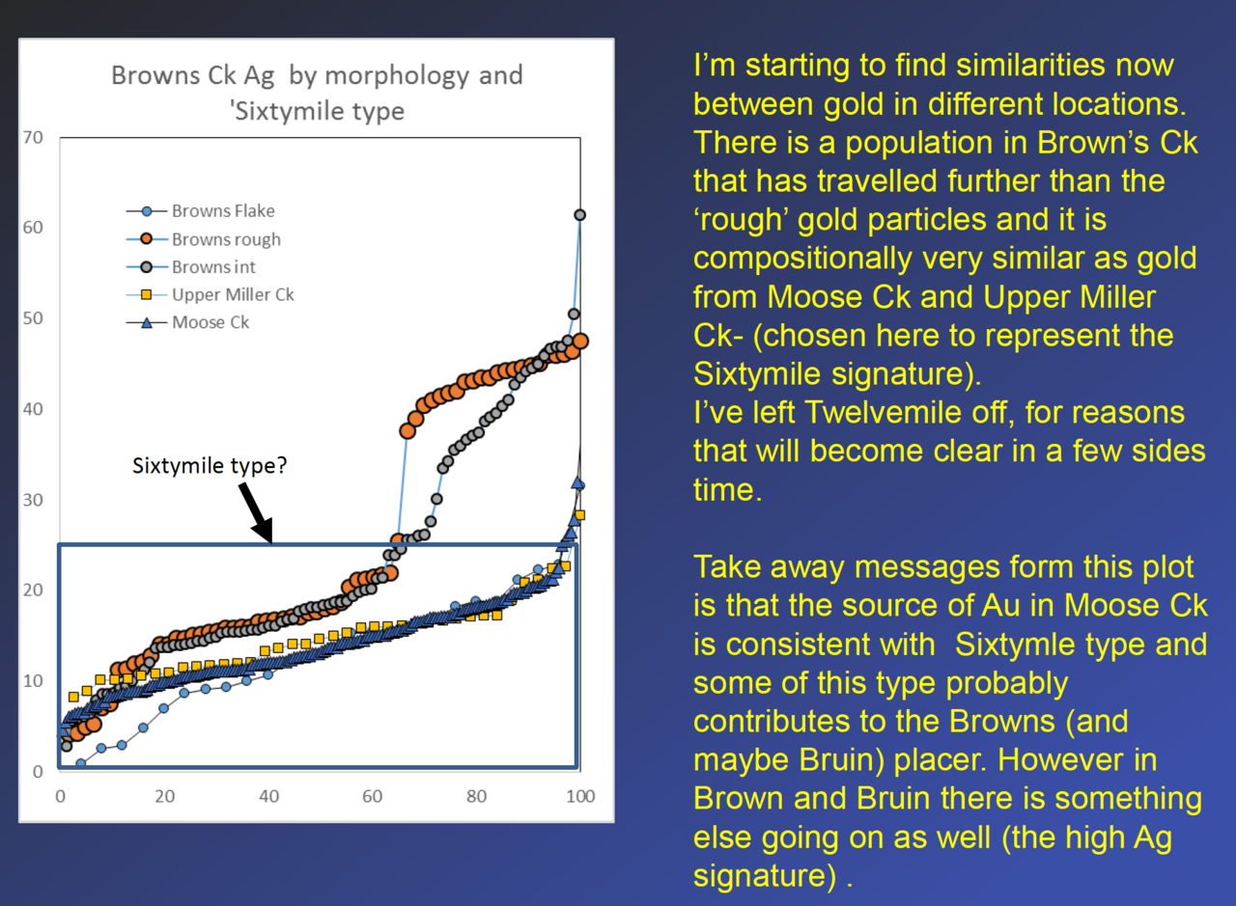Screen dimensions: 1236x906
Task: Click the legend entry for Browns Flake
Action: (x=201, y=210)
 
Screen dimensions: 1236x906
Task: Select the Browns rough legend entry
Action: (x=204, y=238)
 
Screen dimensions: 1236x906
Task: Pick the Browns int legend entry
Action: (x=191, y=267)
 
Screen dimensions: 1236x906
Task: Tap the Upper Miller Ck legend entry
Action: (x=211, y=294)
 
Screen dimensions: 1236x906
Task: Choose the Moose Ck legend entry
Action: (x=187, y=322)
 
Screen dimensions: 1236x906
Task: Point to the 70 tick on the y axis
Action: (x=33, y=137)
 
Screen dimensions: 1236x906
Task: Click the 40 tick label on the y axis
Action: (x=33, y=409)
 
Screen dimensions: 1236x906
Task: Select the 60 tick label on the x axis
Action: (x=372, y=796)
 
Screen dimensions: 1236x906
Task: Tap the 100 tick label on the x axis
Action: (x=580, y=796)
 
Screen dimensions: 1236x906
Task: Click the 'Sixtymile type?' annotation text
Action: (x=210, y=466)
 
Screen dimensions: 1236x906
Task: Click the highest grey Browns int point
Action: (x=579, y=214)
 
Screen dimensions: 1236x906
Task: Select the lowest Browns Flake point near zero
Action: (x=80, y=764)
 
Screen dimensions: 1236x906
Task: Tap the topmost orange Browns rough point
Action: (x=580, y=342)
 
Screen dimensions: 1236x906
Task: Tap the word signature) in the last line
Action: (x=765, y=876)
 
